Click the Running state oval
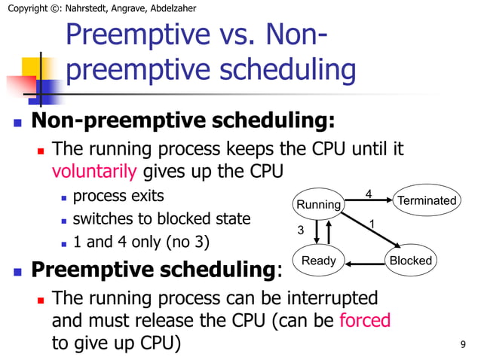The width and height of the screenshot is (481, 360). [318, 204]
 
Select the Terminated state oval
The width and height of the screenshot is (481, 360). [426, 200]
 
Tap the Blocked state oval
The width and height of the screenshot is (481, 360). [410, 261]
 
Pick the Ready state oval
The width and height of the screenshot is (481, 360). [318, 261]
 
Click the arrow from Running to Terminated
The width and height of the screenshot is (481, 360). [369, 201]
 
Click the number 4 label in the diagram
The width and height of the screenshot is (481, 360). [368, 194]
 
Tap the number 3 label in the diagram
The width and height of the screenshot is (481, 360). [299, 230]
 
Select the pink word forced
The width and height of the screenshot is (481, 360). [365, 320]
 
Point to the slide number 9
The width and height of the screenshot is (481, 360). [462, 345]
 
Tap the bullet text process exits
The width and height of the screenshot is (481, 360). [118, 197]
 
